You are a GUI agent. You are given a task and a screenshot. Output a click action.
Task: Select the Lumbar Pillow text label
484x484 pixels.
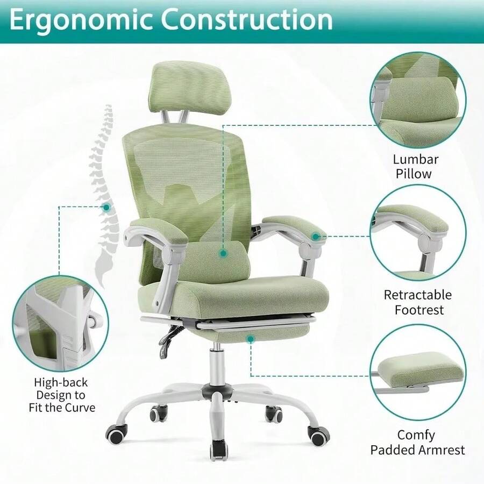point(415,166)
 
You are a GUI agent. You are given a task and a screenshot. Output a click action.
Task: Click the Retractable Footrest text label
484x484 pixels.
point(417,302)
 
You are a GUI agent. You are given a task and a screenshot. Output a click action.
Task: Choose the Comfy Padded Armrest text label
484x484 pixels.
point(417,442)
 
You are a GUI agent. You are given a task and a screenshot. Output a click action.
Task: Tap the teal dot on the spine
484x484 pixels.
point(106,207)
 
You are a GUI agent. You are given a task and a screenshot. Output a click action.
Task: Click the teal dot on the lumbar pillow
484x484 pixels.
point(222,251)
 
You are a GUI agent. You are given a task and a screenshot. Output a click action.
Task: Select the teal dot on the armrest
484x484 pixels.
point(316,236)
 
